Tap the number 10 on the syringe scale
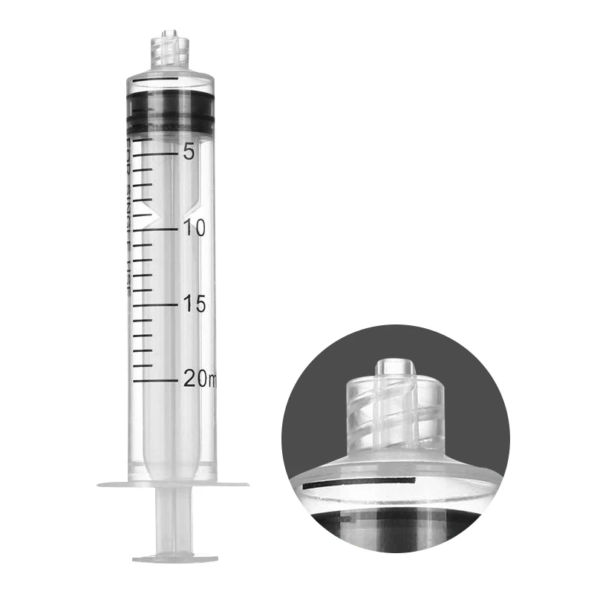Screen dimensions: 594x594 click(x=195, y=228)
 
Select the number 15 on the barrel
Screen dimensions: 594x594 click(x=195, y=304)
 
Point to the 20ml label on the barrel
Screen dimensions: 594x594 click(x=199, y=379)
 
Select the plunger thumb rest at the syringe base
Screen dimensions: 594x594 click(x=175, y=558)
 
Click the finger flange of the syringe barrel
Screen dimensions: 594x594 click(x=173, y=485)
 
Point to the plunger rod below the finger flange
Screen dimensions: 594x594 click(x=175, y=520)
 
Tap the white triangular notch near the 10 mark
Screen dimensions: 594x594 click(x=154, y=217)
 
